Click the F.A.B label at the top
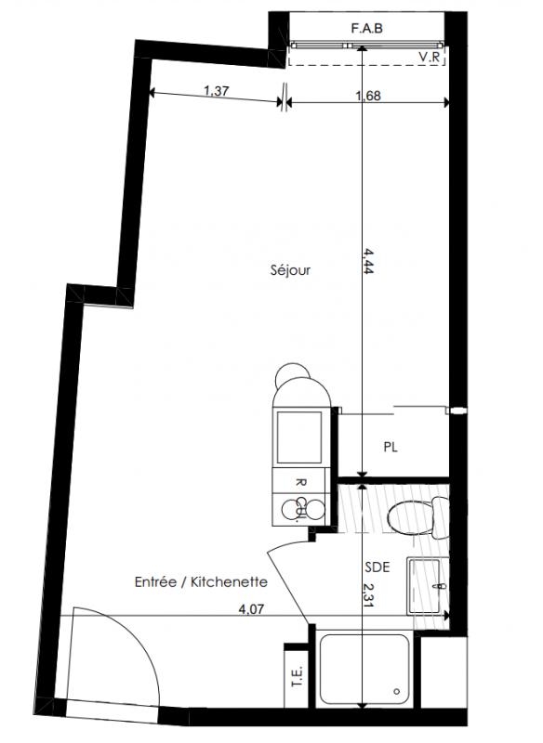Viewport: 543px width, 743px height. pyautogui.click(x=366, y=29)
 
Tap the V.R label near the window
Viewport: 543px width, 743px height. pyautogui.click(x=430, y=58)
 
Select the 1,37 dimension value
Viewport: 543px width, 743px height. pyautogui.click(x=217, y=90)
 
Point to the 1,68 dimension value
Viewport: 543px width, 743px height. pyautogui.click(x=368, y=96)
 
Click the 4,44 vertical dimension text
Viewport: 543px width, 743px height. pyautogui.click(x=369, y=261)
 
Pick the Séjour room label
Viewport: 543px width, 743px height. pyautogui.click(x=290, y=270)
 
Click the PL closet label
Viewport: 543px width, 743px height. pyautogui.click(x=391, y=447)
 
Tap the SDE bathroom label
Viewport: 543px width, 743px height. pyautogui.click(x=377, y=567)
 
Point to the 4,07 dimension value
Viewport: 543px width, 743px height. pyautogui.click(x=251, y=609)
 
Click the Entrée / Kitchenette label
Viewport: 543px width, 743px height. pyautogui.click(x=201, y=582)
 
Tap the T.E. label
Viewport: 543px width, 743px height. pyautogui.click(x=297, y=678)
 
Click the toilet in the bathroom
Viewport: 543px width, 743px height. pyautogui.click(x=417, y=517)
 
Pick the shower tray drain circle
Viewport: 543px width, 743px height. pyautogui.click(x=397, y=691)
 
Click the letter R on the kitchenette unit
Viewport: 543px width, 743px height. pyautogui.click(x=300, y=482)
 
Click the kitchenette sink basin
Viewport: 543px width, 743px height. pyautogui.click(x=299, y=437)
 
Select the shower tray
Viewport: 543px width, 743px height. pyautogui.click(x=364, y=669)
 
